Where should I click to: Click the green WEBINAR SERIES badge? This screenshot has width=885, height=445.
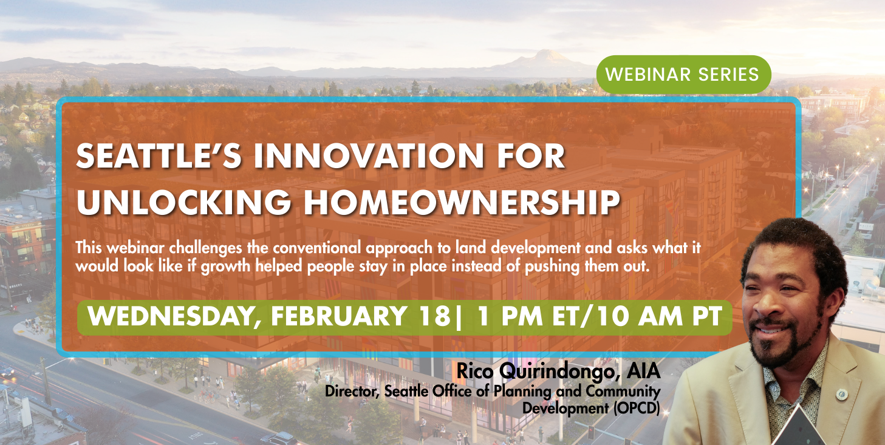tap(683, 75)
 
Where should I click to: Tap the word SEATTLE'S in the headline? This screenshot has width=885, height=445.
tap(159, 156)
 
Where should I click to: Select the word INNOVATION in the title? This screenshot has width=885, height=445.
tap(369, 156)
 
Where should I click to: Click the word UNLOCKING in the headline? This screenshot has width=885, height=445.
tap(183, 202)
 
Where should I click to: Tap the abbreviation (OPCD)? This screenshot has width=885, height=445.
tap(637, 409)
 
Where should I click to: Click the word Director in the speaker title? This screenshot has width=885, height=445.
tap(352, 392)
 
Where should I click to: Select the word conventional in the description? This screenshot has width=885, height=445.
tap(317, 248)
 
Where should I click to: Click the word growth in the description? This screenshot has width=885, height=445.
tap(225, 267)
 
